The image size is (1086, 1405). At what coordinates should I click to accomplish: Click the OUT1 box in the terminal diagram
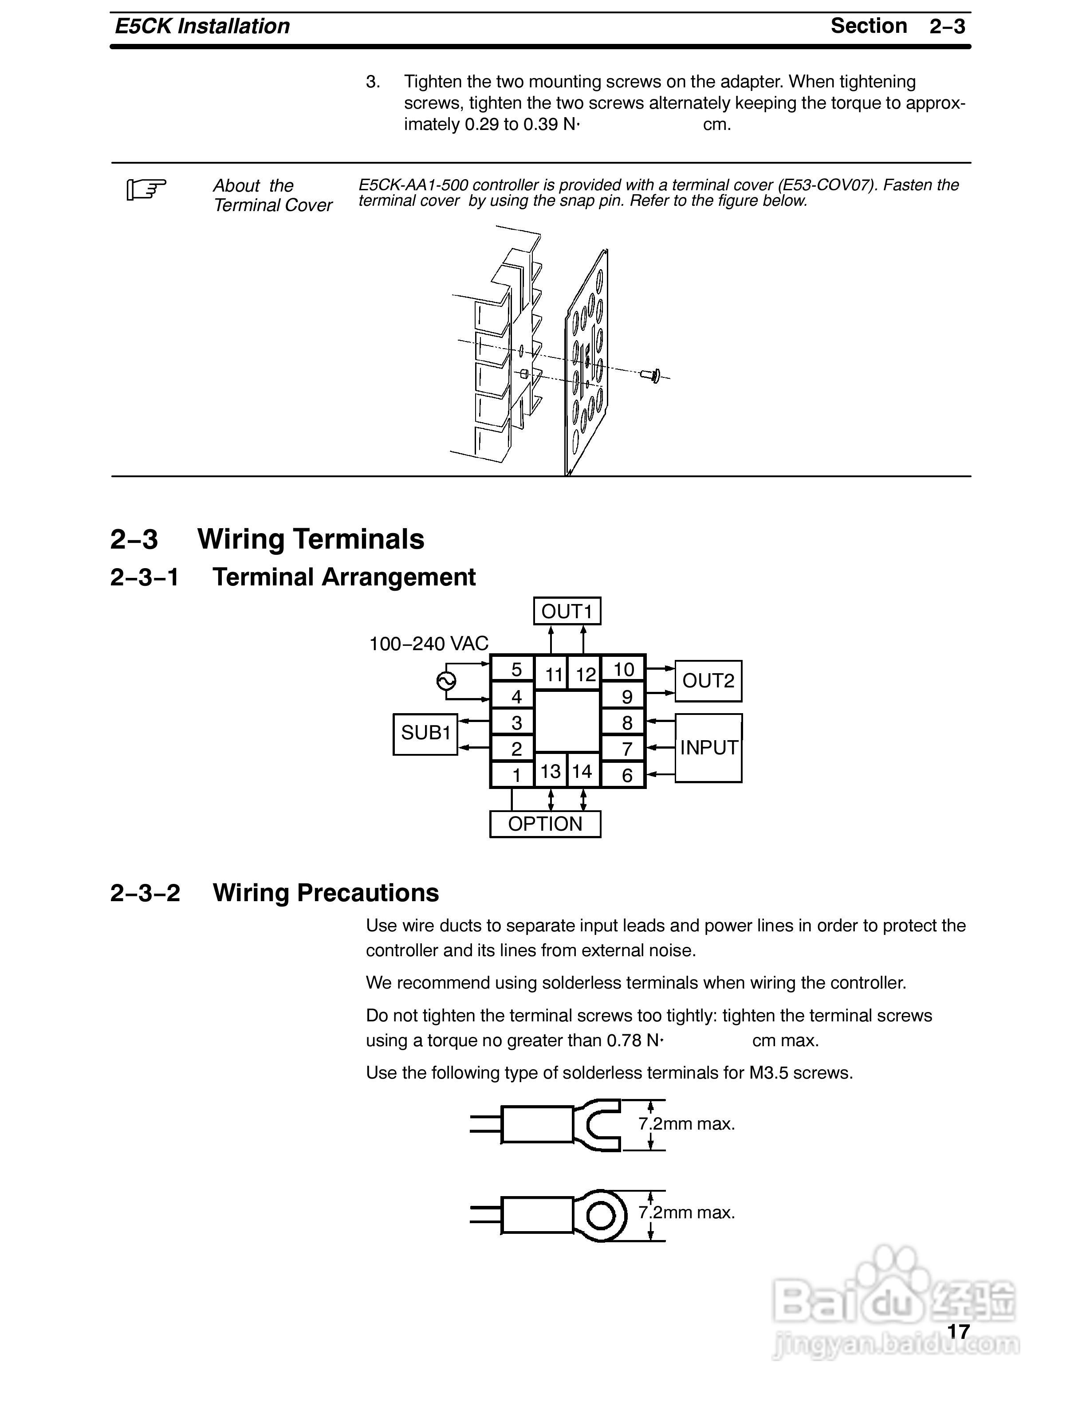[567, 611]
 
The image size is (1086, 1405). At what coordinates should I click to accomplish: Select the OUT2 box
[708, 681]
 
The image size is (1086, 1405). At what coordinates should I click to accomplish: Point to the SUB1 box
[425, 734]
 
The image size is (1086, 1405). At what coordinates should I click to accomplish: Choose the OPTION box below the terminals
[545, 824]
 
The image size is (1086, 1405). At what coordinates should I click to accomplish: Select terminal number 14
[582, 771]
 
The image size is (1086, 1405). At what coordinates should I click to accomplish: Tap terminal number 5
[516, 670]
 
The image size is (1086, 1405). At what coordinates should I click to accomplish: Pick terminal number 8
[627, 723]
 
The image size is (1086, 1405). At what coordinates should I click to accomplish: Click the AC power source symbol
[446, 681]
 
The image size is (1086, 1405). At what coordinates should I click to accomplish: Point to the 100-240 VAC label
[429, 644]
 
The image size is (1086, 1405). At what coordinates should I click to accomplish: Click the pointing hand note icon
[146, 189]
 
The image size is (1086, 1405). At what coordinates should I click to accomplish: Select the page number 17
[958, 1331]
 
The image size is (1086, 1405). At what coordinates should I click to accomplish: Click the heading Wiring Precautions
[326, 893]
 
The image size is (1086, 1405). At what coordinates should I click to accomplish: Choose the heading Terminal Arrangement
[343, 577]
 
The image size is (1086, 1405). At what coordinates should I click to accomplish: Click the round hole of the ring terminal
[602, 1215]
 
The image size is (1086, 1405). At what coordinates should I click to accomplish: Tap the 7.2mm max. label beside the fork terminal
[686, 1124]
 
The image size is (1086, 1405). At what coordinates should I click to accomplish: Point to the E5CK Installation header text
[202, 26]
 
